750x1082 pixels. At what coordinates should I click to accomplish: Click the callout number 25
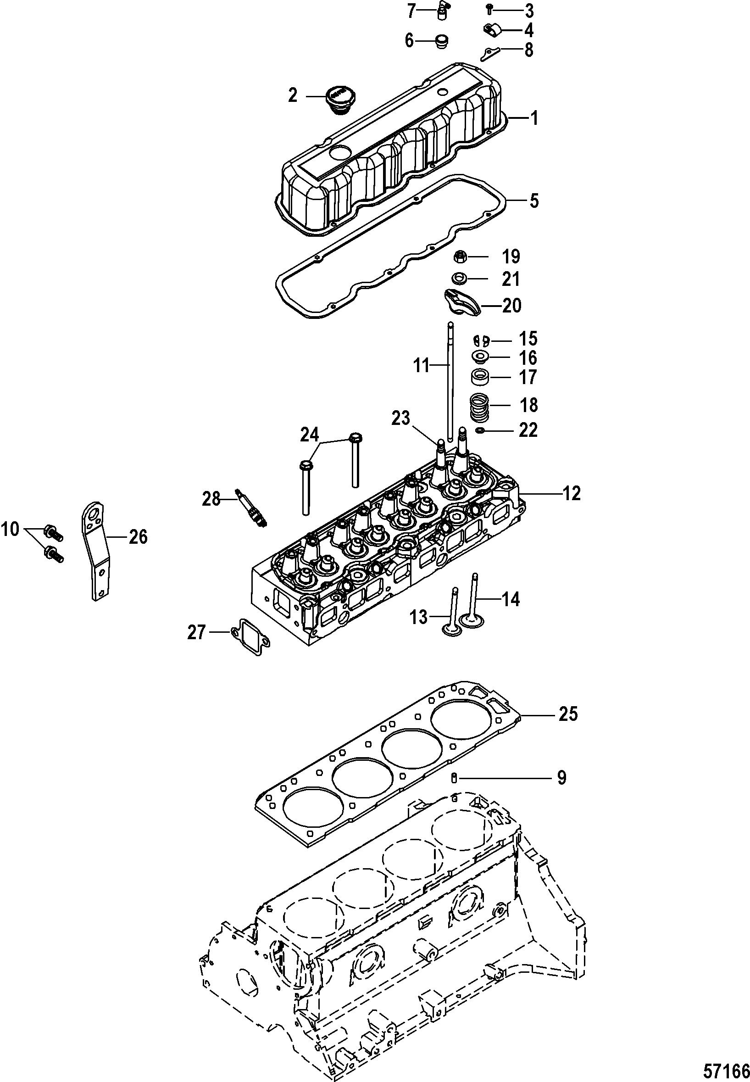click(x=568, y=714)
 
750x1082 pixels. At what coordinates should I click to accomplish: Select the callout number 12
click(x=571, y=494)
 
